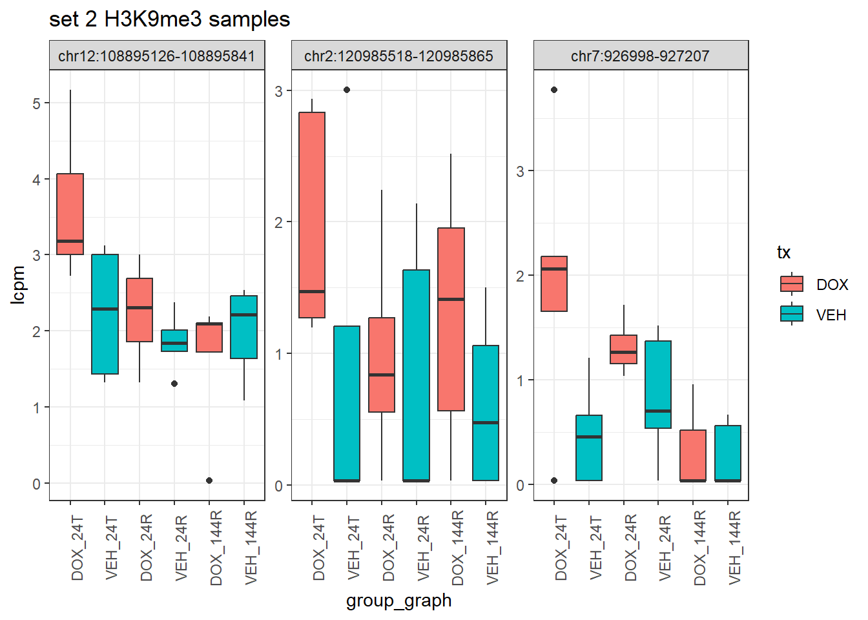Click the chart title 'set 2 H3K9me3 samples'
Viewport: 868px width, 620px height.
point(169,19)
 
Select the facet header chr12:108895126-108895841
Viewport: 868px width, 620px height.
point(157,56)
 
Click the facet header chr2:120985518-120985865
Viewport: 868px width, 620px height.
point(398,56)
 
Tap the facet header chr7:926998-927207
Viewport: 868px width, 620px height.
point(640,56)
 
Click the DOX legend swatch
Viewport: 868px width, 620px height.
point(791,284)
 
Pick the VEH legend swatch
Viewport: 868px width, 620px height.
point(791,315)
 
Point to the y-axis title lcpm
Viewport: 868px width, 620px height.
point(18,285)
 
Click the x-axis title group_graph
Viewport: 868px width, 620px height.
point(398,601)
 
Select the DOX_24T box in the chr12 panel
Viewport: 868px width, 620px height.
point(70,214)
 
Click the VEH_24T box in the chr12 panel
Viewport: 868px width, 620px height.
point(105,314)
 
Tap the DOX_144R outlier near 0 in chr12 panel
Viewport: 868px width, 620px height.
point(209,480)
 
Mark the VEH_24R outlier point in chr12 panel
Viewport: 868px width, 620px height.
point(174,384)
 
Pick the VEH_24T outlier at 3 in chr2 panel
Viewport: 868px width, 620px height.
point(347,90)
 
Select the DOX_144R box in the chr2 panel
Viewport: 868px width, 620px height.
point(451,319)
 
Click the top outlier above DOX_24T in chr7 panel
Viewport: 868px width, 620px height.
point(554,90)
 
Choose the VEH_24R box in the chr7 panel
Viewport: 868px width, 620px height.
point(658,384)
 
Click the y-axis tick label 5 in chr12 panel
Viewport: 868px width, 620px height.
point(37,103)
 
